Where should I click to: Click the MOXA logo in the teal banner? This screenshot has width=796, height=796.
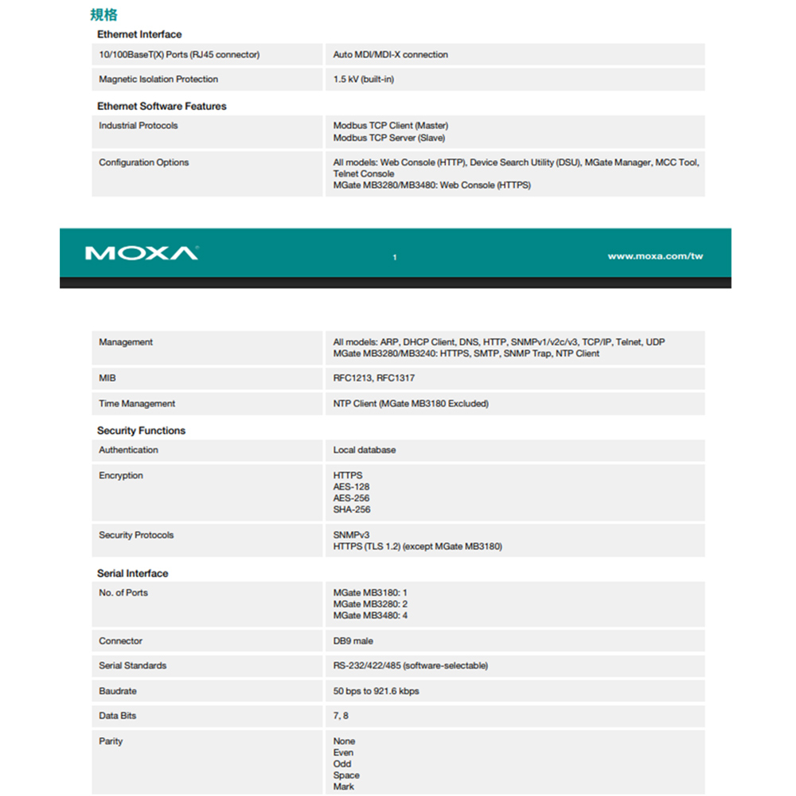pos(141,253)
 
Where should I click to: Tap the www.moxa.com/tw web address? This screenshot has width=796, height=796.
pos(654,256)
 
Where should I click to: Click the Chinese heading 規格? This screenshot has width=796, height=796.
pos(103,15)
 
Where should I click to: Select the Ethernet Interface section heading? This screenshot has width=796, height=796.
pos(139,34)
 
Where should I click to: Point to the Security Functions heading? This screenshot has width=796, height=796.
pos(141,431)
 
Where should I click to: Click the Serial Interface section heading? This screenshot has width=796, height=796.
pos(132,573)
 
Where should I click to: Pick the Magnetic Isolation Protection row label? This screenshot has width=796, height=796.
pos(158,80)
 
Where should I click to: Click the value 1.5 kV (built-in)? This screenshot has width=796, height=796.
pos(363,80)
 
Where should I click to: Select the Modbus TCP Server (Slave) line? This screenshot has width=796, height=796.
pos(388,138)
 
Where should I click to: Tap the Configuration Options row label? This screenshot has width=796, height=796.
pos(144,162)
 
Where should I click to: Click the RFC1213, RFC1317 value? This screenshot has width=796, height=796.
pos(373,378)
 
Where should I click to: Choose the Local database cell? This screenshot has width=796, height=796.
pos(364,450)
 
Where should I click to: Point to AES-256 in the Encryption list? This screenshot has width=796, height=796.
pos(351,498)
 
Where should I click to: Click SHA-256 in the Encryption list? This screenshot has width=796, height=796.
pos(352,509)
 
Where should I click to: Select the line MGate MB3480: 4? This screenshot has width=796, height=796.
pos(370,615)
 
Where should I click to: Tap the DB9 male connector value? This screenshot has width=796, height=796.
pos(353,641)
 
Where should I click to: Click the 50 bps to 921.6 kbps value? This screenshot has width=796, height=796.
pos(376,691)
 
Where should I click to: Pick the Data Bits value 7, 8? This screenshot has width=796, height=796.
pos(341,716)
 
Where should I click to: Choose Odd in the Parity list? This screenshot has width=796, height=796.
pos(342,764)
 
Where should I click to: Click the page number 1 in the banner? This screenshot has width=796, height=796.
pos(395,257)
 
